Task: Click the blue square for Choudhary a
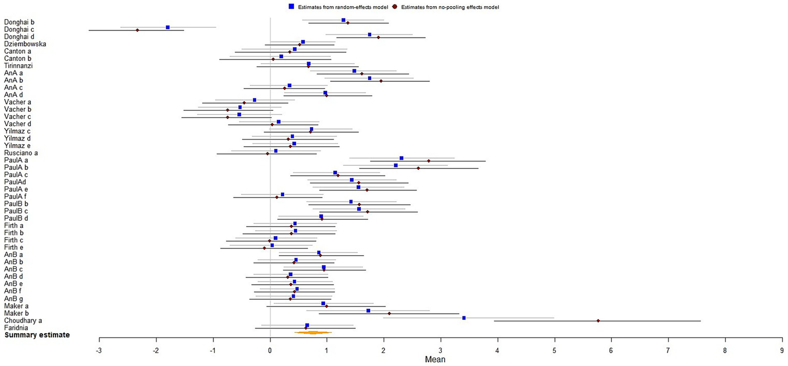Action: (x=464, y=318)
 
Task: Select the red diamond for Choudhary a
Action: (x=598, y=321)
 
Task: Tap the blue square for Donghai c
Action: (x=168, y=27)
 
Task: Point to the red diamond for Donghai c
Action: (x=137, y=30)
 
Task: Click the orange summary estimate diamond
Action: (x=313, y=333)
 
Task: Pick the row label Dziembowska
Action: (x=25, y=44)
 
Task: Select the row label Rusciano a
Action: (x=21, y=153)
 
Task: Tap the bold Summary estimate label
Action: (x=37, y=335)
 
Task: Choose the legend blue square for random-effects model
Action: (x=291, y=7)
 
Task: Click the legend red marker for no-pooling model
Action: (x=394, y=7)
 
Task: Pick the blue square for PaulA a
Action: (x=401, y=158)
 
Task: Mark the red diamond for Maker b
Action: (x=389, y=314)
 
